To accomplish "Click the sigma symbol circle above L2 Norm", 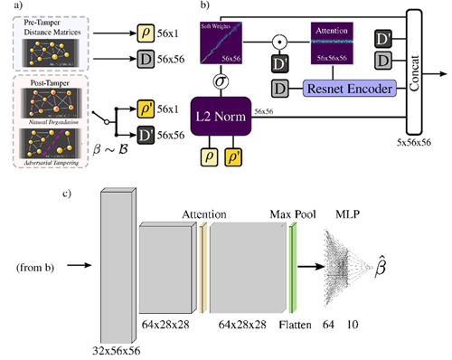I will coord(220,81).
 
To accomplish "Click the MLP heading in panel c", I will coord(345,213).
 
